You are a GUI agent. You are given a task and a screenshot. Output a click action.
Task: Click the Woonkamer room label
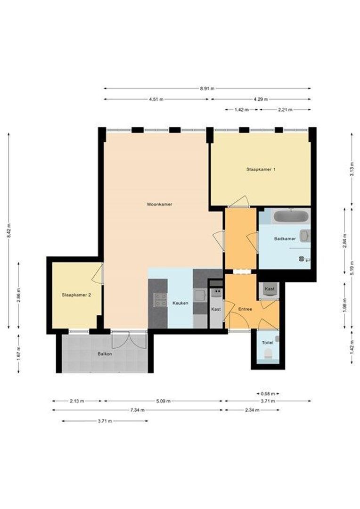[159, 204]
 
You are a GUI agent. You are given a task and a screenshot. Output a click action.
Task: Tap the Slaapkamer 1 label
[261, 169]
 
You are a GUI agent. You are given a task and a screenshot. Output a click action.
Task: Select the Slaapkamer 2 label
[76, 295]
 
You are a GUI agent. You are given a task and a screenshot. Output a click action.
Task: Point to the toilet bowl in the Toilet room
[268, 353]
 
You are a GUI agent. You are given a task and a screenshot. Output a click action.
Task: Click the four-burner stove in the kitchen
[160, 300]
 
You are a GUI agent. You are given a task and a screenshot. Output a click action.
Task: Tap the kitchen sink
[200, 296]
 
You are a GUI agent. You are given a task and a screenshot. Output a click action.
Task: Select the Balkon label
[105, 354]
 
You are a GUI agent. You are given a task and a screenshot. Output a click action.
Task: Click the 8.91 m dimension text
[207, 88]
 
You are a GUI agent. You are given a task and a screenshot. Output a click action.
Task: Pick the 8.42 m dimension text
[9, 230]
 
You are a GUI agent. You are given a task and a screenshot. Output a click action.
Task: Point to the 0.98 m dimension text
[268, 394]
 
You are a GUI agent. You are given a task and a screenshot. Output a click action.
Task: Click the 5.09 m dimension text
[164, 401]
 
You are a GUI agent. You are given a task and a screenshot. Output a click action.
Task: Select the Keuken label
[180, 303]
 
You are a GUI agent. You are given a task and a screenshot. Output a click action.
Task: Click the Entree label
[245, 309]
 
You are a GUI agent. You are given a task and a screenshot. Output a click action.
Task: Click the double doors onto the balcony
[129, 340]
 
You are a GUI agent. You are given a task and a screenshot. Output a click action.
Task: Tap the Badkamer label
[285, 238]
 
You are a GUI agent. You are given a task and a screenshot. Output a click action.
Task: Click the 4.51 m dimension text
[156, 99]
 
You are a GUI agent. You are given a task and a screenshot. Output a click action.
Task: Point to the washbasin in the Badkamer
[304, 236]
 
